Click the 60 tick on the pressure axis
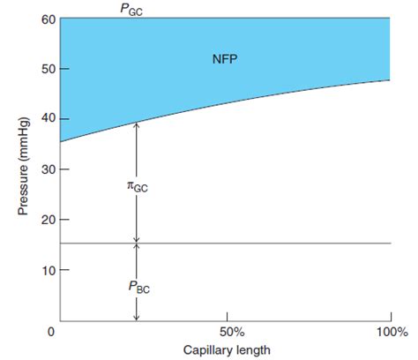pos(42,19)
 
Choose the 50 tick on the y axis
pos(42,69)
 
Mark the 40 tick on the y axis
pos(42,119)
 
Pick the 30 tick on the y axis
pos(42,169)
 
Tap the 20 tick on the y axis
pos(42,219)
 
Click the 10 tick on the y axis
pos(42,269)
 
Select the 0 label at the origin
pos(52,333)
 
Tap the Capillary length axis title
pos(226,349)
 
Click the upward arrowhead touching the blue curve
pos(136,126)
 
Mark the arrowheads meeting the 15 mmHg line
pos(136,243)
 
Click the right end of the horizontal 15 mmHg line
pos(390,243)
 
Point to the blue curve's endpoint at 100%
pos(390,80)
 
